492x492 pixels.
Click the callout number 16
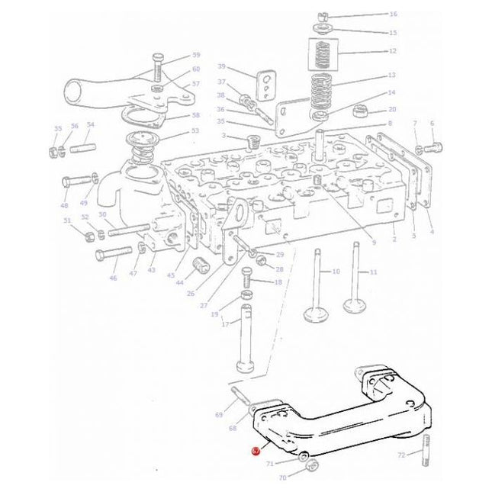[393, 14]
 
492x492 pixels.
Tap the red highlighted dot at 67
[256, 451]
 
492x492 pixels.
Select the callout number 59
[196, 55]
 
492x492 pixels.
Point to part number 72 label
[401, 455]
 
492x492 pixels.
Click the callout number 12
[393, 51]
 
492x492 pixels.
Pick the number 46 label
[113, 278]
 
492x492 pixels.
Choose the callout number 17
[225, 324]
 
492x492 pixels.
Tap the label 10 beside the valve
[336, 272]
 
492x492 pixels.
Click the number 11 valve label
[373, 272]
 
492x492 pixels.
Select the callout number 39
[221, 66]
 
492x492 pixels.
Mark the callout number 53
[195, 131]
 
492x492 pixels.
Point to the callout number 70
[282, 478]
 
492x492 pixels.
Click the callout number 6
[432, 123]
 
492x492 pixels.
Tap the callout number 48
[64, 206]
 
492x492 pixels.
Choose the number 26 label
[190, 294]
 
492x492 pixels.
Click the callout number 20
[393, 109]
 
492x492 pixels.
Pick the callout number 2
[394, 239]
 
